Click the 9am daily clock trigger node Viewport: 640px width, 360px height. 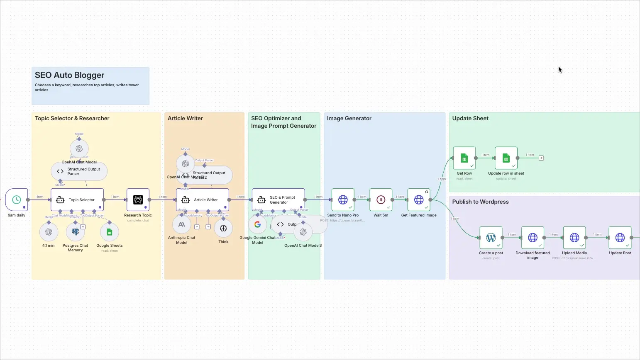[17, 200]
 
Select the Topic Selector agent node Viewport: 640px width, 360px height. [77, 200]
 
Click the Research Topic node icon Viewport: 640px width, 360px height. [138, 200]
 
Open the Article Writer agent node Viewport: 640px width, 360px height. [203, 200]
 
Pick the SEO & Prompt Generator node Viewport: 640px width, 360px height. [278, 200]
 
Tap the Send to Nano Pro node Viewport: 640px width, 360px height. [343, 200]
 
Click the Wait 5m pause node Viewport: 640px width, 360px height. [381, 200]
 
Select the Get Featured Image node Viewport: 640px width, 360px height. [419, 200]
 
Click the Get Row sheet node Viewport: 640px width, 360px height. [464, 158]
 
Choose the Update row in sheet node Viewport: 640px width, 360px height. [506, 158]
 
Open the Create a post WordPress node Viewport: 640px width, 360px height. [491, 238]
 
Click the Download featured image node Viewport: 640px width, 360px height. [533, 238]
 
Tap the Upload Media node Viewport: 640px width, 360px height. [574, 238]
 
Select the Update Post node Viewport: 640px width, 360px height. [620, 238]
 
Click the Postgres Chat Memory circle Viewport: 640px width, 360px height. [75, 232]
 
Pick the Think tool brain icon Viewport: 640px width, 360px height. [223, 228]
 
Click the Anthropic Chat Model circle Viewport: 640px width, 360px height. [181, 225]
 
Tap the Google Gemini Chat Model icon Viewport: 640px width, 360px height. [257, 224]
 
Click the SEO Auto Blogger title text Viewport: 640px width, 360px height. [69, 75]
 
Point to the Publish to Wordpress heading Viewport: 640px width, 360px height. [480, 202]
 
